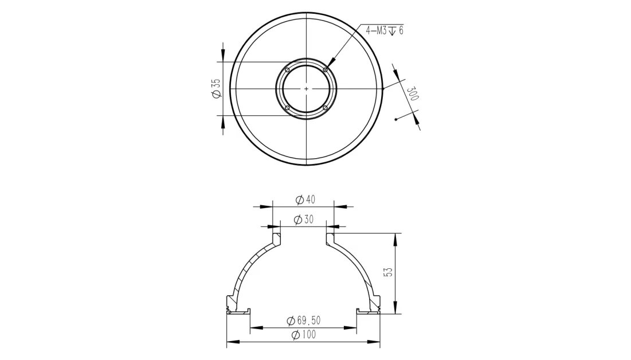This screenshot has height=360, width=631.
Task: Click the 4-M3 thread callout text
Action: (x=385, y=30)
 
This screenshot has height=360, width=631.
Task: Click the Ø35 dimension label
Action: (x=216, y=88)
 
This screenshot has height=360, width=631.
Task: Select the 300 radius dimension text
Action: (x=413, y=94)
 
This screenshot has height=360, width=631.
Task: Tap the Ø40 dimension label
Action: (x=305, y=199)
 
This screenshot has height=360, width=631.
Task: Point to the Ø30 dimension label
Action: (x=303, y=220)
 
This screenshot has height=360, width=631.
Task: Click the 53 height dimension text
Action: (x=389, y=272)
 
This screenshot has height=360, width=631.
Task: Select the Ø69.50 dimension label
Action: (x=303, y=320)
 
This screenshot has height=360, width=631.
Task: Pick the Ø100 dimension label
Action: (x=304, y=335)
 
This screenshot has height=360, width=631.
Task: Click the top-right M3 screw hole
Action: (x=325, y=70)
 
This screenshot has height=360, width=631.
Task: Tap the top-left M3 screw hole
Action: (x=287, y=70)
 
